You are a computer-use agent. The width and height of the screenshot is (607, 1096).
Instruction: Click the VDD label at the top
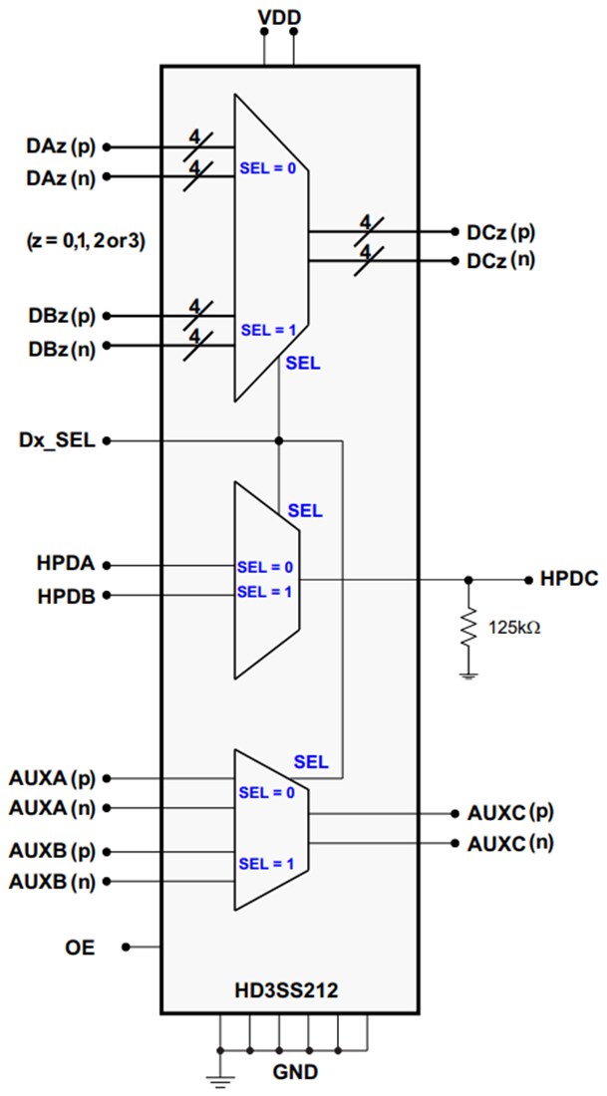point(279,17)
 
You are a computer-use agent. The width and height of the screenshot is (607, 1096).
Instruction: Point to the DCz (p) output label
point(500,232)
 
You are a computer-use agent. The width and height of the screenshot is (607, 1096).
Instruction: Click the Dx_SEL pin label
point(56,440)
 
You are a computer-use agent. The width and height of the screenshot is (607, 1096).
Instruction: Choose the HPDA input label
point(68,565)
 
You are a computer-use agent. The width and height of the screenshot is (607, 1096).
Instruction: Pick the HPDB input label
point(68,596)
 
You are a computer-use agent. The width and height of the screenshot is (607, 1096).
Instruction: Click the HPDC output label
point(568,579)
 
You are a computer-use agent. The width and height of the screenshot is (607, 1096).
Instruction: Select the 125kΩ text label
point(514,629)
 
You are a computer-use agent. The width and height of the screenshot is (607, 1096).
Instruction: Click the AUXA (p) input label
point(52,778)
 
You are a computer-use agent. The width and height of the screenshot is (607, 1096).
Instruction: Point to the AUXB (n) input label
point(52,882)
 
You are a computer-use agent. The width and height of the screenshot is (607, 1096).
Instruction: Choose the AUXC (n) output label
point(510,843)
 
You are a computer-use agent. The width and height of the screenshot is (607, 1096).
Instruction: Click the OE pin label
point(82,948)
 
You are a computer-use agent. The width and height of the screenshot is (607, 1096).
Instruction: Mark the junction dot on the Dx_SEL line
point(279,440)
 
